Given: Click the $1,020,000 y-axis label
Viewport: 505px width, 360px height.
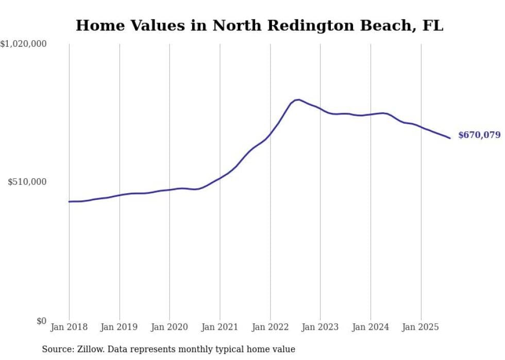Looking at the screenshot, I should (x=23, y=44).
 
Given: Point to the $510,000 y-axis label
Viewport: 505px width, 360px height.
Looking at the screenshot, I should (x=27, y=182).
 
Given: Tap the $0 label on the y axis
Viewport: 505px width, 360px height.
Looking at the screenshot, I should (x=41, y=321).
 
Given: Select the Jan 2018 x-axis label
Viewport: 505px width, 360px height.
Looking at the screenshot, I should (x=69, y=327).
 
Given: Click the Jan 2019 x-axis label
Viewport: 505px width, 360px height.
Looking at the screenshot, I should (x=120, y=327).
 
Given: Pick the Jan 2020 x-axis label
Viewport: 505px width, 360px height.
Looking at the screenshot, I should (x=170, y=327).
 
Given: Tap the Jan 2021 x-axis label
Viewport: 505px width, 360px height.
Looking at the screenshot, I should (x=220, y=327).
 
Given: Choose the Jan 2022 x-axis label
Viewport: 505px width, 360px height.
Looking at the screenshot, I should (x=270, y=327).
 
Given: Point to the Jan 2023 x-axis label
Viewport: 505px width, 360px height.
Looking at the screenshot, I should (x=321, y=327).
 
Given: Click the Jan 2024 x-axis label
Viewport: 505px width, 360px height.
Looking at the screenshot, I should (x=371, y=327).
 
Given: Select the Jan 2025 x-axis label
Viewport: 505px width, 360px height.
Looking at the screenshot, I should (x=421, y=327).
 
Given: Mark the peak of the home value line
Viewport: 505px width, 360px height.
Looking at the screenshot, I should (x=298, y=99).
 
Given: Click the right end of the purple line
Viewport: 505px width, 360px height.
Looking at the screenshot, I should (x=450, y=138).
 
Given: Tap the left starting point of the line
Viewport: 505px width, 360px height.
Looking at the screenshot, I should (x=70, y=201).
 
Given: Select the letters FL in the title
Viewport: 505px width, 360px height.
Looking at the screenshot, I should (x=434, y=25).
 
